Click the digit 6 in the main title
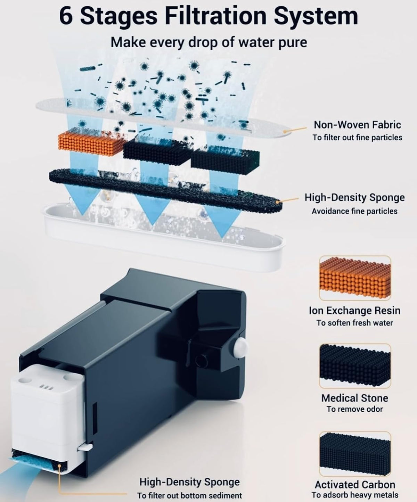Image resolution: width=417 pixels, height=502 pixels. (66, 16)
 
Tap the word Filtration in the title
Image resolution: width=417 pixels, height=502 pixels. (216, 16)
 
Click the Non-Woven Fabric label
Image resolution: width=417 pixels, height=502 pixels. (357, 125)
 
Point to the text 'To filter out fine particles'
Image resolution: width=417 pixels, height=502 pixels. (357, 138)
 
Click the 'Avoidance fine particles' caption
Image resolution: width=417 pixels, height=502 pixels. (354, 211)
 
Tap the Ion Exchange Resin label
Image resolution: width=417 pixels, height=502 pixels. (355, 310)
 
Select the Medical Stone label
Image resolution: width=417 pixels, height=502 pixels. (355, 398)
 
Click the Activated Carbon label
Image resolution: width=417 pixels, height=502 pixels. (355, 485)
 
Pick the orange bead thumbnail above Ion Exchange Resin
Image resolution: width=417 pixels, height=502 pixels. (355, 278)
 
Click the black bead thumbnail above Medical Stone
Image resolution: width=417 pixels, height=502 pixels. (355, 366)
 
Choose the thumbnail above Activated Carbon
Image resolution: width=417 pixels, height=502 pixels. (355, 453)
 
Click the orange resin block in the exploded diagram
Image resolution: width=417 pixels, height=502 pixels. (91, 143)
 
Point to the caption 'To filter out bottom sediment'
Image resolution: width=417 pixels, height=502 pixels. (189, 495)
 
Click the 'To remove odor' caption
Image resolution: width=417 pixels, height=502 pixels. (354, 409)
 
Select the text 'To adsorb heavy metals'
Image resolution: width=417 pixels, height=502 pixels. (355, 495)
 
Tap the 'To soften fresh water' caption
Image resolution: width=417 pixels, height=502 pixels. (354, 323)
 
